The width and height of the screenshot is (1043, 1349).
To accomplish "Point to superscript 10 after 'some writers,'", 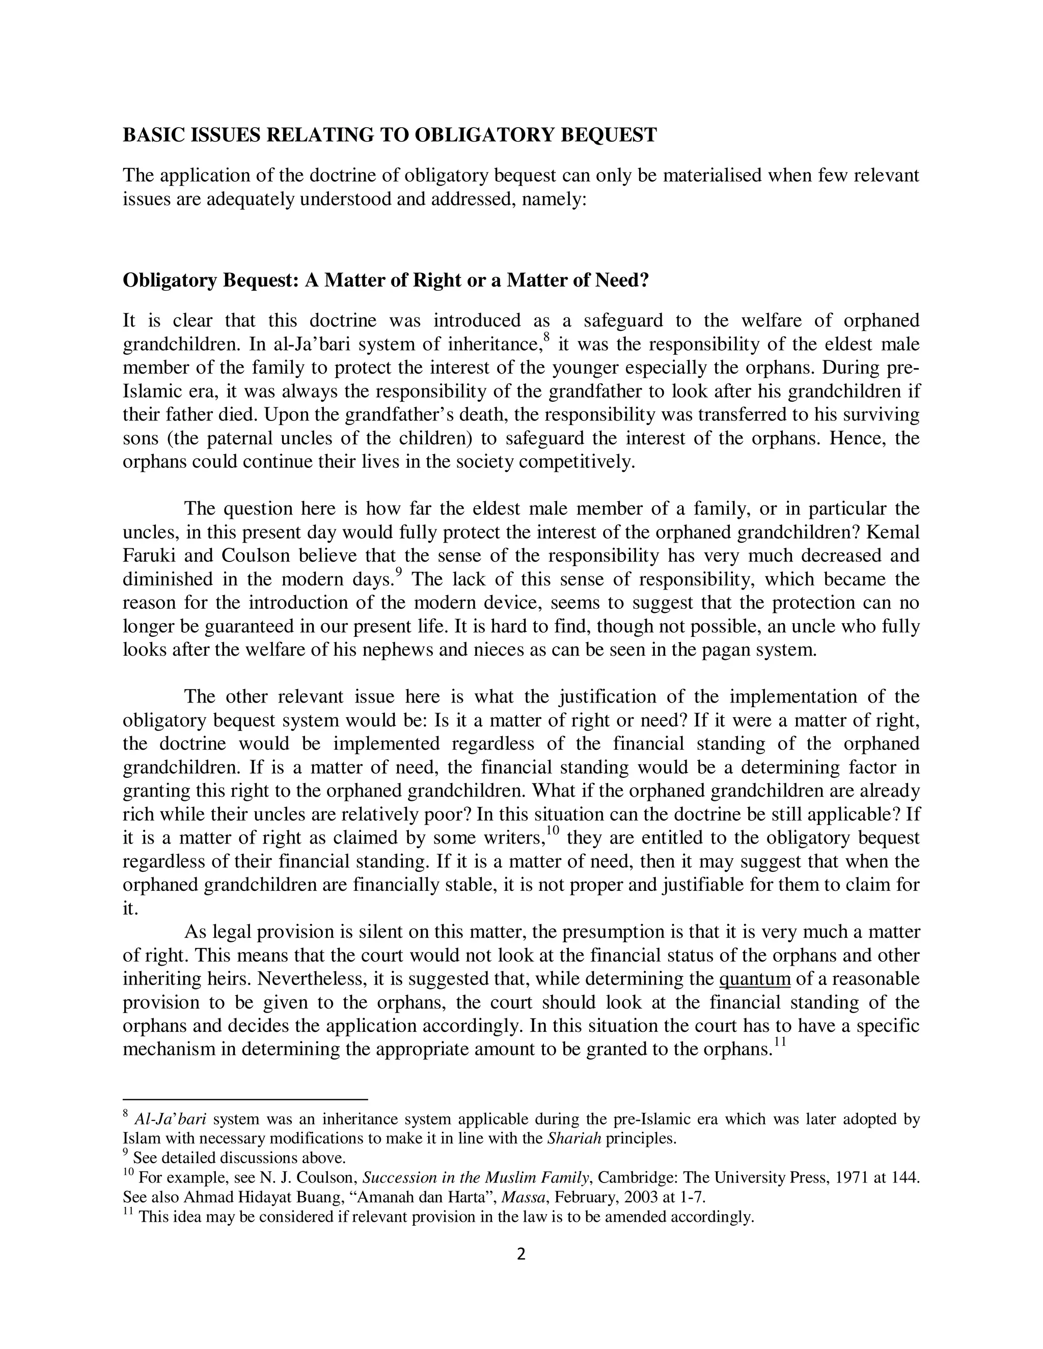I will tap(553, 831).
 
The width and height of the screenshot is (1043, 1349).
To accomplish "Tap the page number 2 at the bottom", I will tap(521, 1254).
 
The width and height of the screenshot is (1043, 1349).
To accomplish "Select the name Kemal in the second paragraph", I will tap(897, 532).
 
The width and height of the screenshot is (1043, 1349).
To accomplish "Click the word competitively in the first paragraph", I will tap(576, 462).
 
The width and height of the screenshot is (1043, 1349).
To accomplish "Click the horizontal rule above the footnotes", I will tap(245, 1100).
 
